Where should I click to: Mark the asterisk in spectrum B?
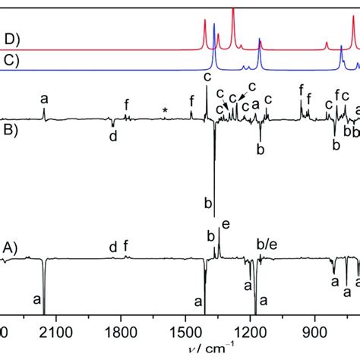pos(165,112)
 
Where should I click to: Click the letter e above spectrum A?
pos(225,224)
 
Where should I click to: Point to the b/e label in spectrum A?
pos(267,245)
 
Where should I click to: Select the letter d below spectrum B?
pos(112,137)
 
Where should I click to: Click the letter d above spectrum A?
pos(112,246)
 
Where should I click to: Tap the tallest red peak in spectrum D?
pos(232,11)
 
